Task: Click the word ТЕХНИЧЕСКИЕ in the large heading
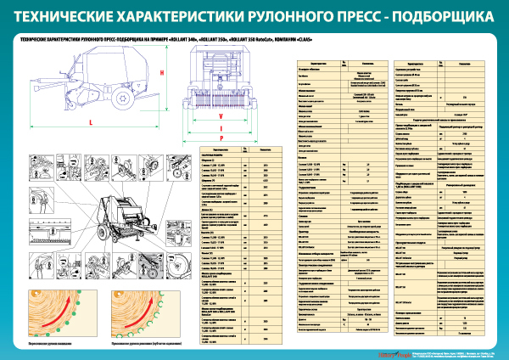[67, 15]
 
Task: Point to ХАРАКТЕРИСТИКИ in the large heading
[181, 15]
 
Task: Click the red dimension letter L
[90, 123]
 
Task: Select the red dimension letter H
[161, 73]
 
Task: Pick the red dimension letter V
[221, 115]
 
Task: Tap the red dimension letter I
[221, 126]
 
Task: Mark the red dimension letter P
[221, 136]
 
